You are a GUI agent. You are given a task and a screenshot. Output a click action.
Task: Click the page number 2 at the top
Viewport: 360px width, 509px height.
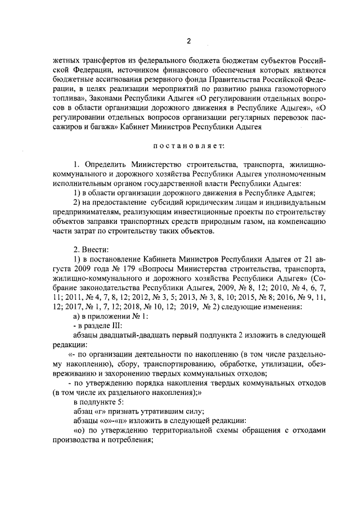point(189,41)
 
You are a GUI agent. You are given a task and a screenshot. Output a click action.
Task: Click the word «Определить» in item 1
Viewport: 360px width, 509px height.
point(105,164)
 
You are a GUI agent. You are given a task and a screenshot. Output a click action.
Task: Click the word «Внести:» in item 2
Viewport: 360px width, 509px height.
point(90,250)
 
